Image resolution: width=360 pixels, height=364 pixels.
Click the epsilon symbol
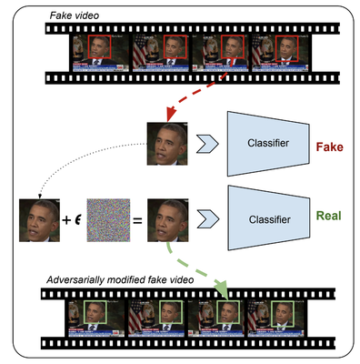tap(79, 219)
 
